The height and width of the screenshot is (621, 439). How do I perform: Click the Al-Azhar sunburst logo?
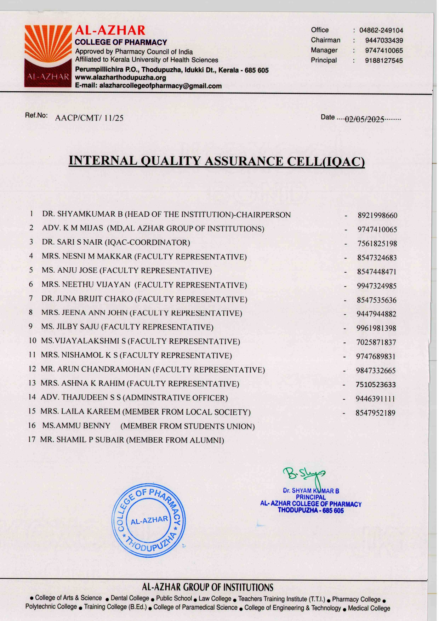(48, 56)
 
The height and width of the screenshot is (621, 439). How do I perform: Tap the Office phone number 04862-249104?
(381, 30)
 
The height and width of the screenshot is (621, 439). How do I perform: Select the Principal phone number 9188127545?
(384, 61)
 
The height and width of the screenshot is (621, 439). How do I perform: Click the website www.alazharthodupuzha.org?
(120, 78)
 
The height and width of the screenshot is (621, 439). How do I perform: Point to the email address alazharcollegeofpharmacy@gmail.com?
(160, 86)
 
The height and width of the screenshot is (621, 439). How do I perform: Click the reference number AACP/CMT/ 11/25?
(89, 118)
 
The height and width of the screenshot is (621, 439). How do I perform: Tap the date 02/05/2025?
(364, 119)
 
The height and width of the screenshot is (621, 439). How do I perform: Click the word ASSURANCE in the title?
(244, 161)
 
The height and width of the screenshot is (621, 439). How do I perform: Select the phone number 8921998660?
(377, 215)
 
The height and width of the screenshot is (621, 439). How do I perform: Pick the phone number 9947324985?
(377, 286)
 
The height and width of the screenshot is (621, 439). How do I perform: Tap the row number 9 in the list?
(31, 326)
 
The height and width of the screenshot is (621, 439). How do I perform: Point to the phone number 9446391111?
(375, 399)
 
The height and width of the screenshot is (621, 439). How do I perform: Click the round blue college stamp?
(149, 520)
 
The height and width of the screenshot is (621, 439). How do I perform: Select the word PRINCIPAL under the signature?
(310, 497)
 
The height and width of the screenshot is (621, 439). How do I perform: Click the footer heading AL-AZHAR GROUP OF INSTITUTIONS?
(207, 587)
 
